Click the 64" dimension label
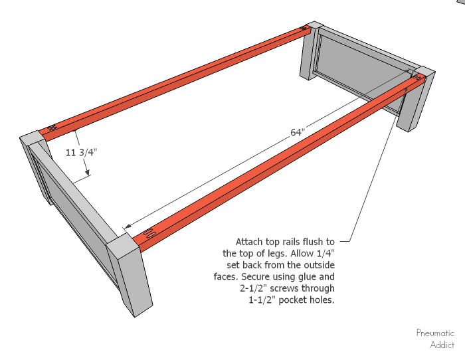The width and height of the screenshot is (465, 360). (x=298, y=133)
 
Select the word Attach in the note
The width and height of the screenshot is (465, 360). (x=250, y=241)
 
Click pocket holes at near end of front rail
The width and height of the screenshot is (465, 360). (x=149, y=234)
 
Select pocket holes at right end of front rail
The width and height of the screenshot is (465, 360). (x=416, y=78)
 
